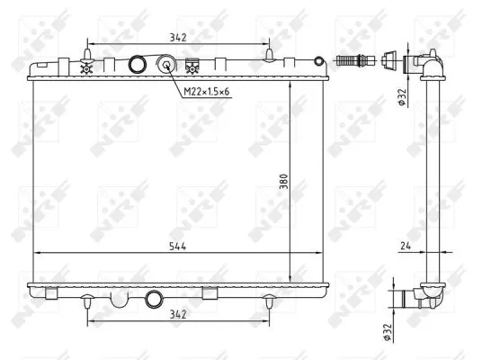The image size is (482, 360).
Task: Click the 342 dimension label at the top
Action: coord(178,38)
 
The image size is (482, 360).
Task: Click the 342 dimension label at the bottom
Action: coord(178,314)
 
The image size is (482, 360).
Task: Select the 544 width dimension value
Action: coord(178,247)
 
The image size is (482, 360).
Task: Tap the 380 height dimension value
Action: coord(283,181)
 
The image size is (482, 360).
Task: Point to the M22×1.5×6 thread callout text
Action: coord(207,92)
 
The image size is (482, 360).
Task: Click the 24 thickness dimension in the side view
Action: coord(406,246)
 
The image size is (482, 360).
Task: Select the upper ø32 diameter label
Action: coord(402,97)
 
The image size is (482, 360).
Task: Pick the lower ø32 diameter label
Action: coord(388,332)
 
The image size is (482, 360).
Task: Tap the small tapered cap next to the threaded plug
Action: coord(388,58)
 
